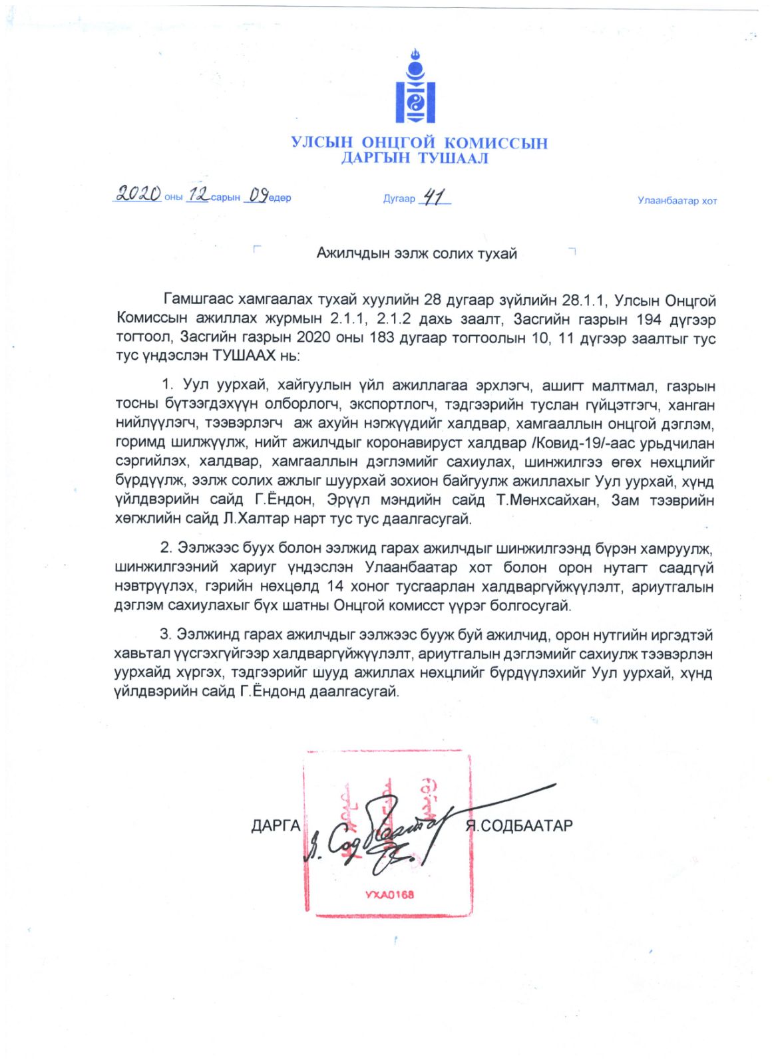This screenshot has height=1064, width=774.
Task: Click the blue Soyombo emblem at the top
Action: (x=415, y=88)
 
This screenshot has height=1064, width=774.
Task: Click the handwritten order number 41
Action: (x=434, y=197)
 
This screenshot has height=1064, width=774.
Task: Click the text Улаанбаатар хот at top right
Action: (x=677, y=201)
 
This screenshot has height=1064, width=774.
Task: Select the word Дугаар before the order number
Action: (x=399, y=199)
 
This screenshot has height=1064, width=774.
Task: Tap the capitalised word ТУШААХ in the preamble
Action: (x=244, y=356)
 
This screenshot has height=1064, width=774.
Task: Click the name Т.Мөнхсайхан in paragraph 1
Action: (x=547, y=500)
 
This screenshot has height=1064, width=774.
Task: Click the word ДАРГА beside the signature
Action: (x=276, y=827)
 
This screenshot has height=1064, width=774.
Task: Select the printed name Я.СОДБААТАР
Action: (x=520, y=827)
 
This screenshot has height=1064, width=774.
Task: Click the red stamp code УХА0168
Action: (x=389, y=895)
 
